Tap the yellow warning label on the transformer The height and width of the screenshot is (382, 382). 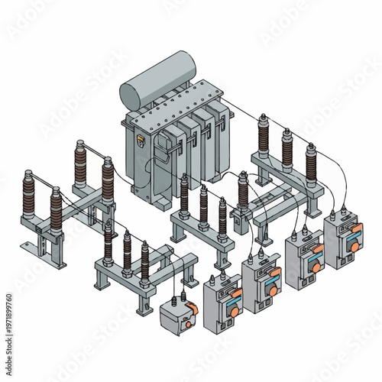click(x=140, y=141)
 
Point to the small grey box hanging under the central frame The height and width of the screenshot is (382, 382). click(x=239, y=224)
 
